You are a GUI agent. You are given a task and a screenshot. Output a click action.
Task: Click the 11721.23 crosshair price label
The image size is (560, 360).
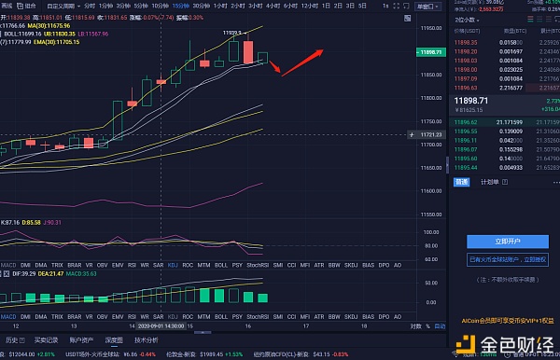point(430,134)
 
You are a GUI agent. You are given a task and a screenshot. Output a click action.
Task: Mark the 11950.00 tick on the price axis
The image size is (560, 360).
point(430,30)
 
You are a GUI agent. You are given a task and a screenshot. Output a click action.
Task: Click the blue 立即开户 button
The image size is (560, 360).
point(507,242)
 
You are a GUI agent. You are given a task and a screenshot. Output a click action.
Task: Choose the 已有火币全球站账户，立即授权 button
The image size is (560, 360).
point(507,260)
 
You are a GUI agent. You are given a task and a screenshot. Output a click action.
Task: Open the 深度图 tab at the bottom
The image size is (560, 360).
point(114,340)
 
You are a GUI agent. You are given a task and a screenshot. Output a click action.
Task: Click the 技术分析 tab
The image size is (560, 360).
point(146,340)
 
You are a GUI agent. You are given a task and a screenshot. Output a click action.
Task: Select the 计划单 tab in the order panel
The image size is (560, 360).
point(489,182)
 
